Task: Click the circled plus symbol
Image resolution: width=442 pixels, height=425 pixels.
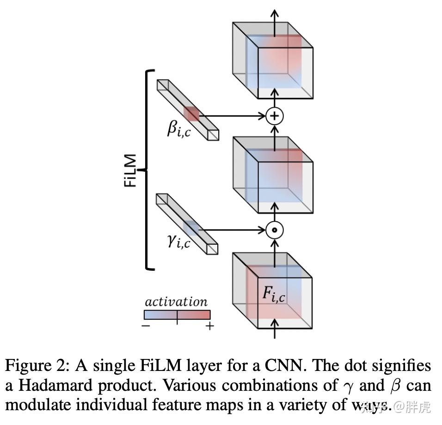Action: tap(275, 115)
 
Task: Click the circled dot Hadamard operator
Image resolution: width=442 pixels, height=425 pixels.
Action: tap(275, 230)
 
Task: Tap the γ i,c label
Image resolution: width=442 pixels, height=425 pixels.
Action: tap(179, 241)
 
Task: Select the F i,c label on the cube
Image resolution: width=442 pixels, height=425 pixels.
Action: tap(274, 295)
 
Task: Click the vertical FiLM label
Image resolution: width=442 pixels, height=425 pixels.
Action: tap(130, 170)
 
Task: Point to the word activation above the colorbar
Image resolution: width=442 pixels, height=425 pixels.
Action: tap(176, 302)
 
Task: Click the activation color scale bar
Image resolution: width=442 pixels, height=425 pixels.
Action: tap(177, 315)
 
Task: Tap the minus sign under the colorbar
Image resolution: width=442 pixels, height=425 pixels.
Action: tap(146, 326)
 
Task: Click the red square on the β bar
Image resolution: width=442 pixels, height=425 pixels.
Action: tap(191, 114)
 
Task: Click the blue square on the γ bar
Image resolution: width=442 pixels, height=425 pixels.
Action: tap(190, 228)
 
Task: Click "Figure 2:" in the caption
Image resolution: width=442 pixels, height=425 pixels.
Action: tap(37, 366)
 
